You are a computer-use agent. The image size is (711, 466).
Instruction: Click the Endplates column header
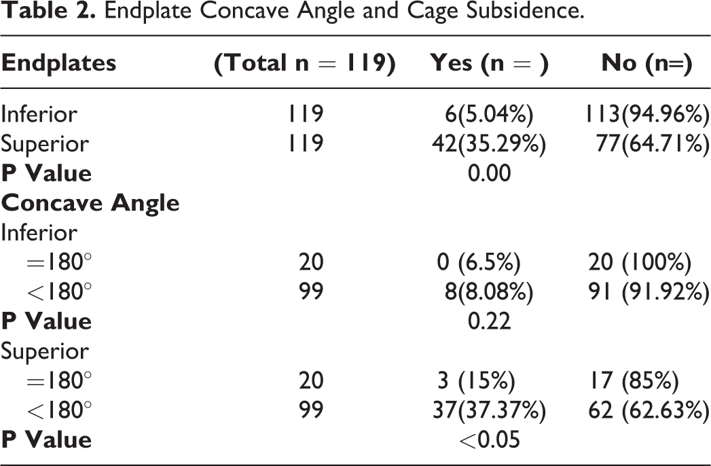58,62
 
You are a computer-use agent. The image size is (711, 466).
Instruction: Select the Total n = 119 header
305,62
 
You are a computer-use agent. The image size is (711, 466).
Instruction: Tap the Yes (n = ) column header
489,62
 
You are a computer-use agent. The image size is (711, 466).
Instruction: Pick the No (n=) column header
646,62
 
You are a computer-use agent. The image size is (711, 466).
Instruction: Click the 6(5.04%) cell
489,114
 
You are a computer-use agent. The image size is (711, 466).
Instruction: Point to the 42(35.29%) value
489,143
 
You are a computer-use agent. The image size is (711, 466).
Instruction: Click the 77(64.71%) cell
653,143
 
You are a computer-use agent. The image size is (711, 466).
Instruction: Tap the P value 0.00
489,173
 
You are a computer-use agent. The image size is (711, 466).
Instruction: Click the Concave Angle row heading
90,203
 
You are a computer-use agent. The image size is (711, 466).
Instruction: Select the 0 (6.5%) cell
479,262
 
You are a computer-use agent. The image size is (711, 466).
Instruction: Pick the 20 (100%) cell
640,262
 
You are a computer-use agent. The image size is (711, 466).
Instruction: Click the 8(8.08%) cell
489,291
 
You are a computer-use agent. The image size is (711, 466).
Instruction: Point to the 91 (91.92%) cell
649,291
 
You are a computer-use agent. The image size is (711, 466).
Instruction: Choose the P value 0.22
489,321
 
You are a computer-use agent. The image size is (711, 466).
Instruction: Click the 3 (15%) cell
476,380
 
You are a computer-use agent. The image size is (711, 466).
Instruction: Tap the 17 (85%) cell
634,380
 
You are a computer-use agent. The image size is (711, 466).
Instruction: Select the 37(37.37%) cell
489,410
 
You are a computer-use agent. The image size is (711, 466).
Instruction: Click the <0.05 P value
489,440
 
